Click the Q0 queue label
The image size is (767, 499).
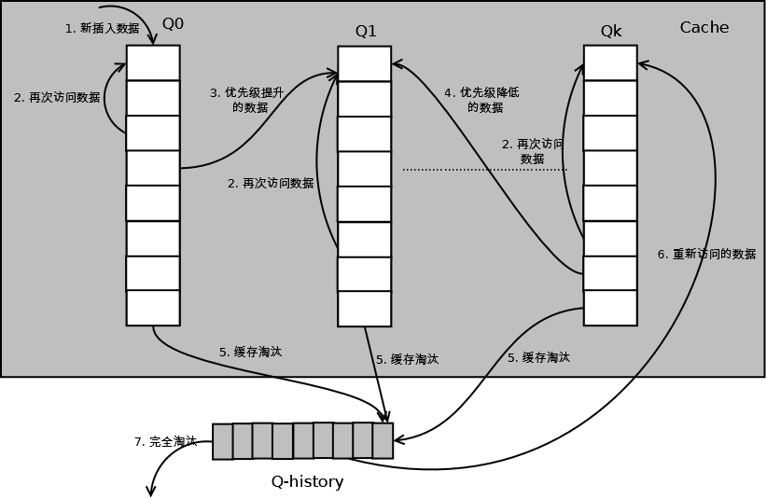173,24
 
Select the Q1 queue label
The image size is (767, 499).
366,32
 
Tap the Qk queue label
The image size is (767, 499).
611,32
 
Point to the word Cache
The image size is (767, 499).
704,27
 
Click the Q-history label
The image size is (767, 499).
307,482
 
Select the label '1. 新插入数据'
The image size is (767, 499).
103,28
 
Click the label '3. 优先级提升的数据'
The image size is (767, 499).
247,100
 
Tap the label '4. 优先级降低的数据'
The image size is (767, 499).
481,100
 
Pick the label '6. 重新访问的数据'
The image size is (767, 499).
707,254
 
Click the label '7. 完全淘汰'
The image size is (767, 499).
165,442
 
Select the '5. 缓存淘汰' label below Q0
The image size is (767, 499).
250,352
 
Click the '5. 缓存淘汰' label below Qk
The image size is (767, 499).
538,357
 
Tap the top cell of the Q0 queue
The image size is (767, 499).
153,63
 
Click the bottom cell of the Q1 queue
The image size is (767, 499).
365,309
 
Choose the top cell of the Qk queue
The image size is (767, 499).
610,63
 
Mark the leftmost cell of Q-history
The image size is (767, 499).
223,442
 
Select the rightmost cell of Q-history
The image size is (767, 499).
383,441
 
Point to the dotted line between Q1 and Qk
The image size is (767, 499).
485,170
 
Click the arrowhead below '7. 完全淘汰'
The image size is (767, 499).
151,492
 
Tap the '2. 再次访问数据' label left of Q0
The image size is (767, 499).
57,98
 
